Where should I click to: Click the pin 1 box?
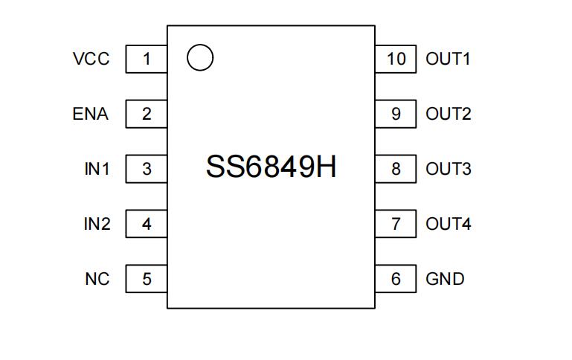(x=146, y=59)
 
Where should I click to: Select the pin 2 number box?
(x=146, y=114)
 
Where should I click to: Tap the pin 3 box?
(x=146, y=169)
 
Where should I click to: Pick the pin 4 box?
(x=146, y=224)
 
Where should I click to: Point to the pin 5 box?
(x=146, y=279)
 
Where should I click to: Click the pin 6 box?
(x=396, y=279)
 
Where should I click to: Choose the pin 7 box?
(x=396, y=224)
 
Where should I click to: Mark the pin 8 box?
(x=396, y=169)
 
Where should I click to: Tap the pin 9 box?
(x=396, y=114)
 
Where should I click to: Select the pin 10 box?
(x=396, y=59)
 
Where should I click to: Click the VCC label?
(x=91, y=59)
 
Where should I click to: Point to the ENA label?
(x=91, y=114)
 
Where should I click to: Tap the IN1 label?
(x=97, y=169)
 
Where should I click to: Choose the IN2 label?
(x=97, y=224)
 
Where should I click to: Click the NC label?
(x=97, y=279)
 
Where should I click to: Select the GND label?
(x=445, y=279)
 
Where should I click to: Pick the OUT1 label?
(x=448, y=59)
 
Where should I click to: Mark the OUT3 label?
(x=448, y=169)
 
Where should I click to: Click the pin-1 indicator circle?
(x=200, y=57)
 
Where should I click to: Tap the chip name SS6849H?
(x=271, y=167)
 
